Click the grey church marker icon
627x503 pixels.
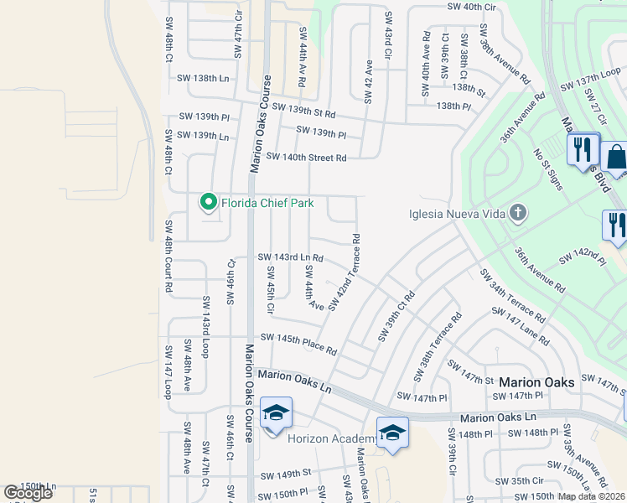(x=518, y=213)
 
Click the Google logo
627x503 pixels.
(x=28, y=493)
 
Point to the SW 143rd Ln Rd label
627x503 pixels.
(x=290, y=258)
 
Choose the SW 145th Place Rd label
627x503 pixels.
(x=298, y=344)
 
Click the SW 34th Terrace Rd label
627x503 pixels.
(x=511, y=296)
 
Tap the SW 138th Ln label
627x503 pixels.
(x=203, y=78)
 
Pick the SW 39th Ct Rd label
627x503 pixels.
(x=396, y=316)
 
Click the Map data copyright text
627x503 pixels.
(x=592, y=496)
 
